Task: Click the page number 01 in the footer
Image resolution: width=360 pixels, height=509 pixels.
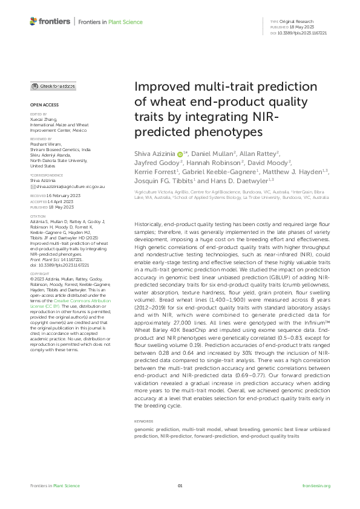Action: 180,486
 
